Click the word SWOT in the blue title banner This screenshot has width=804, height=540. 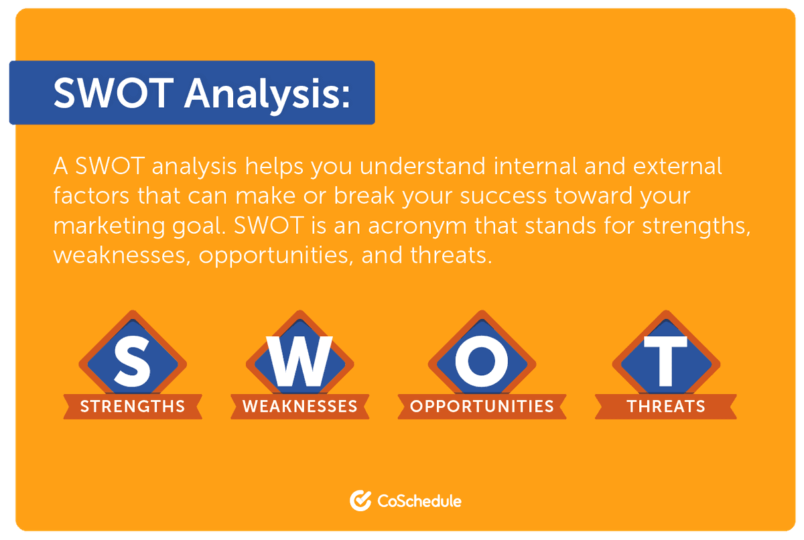point(113,93)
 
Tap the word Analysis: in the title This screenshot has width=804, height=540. point(267,95)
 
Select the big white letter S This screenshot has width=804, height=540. point(132,361)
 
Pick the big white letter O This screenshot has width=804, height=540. point(482,361)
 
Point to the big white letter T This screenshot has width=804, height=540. point(665,361)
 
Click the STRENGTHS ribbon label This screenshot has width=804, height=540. point(133,407)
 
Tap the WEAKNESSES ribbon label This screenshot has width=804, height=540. point(299,407)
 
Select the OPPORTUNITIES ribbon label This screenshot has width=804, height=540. point(482,407)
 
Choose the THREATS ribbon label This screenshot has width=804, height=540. point(666,407)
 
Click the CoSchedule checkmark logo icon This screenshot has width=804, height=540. point(360,500)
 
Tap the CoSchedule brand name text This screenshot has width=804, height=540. point(419,501)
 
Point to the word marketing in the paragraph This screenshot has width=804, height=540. point(109,226)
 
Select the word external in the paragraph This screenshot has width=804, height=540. point(677,166)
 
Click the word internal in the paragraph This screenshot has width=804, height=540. point(535,166)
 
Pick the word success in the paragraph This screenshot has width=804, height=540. point(503,197)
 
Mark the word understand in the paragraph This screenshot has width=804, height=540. point(423,166)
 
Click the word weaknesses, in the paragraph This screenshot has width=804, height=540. point(122,256)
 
